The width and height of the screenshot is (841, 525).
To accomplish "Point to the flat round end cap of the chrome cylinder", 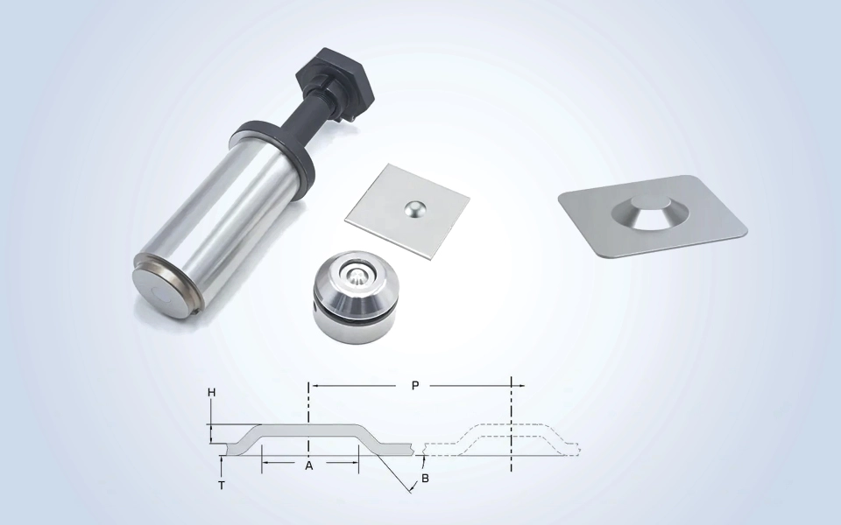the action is coord(159,293).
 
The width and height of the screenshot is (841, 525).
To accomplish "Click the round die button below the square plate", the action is coord(355,293).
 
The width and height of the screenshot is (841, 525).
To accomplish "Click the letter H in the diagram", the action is coord(212,393).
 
